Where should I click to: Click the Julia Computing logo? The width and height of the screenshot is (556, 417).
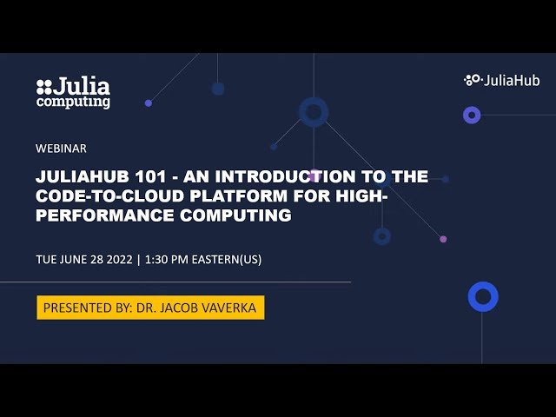click(x=73, y=93)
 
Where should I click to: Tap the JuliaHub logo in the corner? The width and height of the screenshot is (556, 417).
click(x=501, y=80)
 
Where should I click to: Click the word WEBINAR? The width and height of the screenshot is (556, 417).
click(x=61, y=149)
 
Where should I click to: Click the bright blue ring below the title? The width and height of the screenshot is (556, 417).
click(x=483, y=297)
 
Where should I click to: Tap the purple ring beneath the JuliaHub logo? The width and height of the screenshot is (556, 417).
click(x=472, y=115)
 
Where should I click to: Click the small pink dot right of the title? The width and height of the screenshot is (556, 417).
click(x=443, y=239)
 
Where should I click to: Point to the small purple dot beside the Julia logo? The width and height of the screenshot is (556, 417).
click(x=149, y=103)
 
